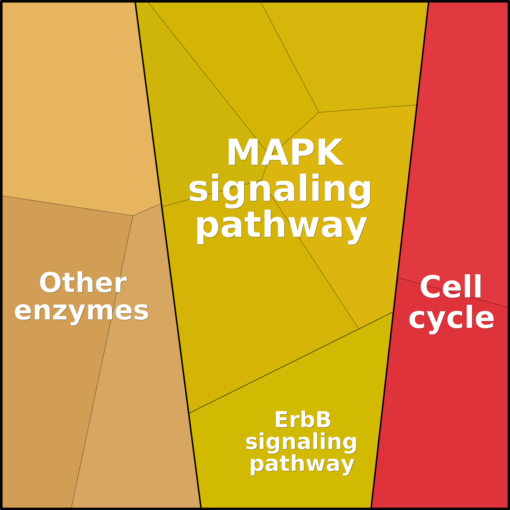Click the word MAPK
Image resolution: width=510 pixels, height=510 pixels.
pyautogui.click(x=285, y=152)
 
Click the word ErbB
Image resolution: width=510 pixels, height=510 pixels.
pyautogui.click(x=303, y=419)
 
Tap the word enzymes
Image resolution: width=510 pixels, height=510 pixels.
pyautogui.click(x=82, y=311)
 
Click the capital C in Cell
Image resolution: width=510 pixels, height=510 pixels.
pyautogui.click(x=431, y=287)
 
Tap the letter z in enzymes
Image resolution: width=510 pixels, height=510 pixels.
pyautogui.click(x=60, y=312)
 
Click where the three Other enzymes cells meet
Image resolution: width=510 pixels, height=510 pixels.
pyautogui.click(x=133, y=216)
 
